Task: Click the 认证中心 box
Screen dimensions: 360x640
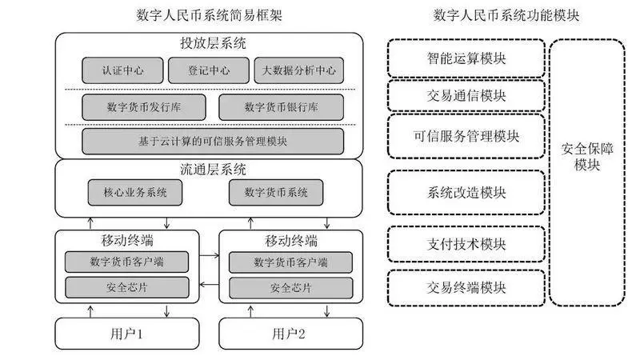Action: pyautogui.click(x=123, y=70)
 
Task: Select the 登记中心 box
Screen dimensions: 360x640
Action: pyautogui.click(x=208, y=70)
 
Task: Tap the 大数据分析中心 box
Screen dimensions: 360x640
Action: pyautogui.click(x=298, y=70)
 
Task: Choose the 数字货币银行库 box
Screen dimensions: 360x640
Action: pyautogui.click(x=281, y=107)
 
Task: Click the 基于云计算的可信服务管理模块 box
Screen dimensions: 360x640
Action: pyautogui.click(x=213, y=141)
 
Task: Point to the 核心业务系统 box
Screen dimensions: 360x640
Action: pyautogui.click(x=135, y=192)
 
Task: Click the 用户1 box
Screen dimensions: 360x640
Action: pyautogui.click(x=128, y=333)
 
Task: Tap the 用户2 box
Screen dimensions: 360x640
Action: pyautogui.click(x=289, y=333)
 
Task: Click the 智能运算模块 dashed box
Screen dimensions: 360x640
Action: pyautogui.click(x=466, y=58)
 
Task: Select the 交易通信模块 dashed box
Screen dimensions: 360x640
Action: pyautogui.click(x=466, y=95)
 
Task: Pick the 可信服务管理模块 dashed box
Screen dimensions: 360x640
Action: pyautogui.click(x=466, y=136)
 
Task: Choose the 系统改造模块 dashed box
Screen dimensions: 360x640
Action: pyautogui.click(x=466, y=193)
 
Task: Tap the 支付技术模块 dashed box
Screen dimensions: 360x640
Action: pyautogui.click(x=466, y=244)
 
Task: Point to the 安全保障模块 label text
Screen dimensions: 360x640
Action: pyautogui.click(x=586, y=157)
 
